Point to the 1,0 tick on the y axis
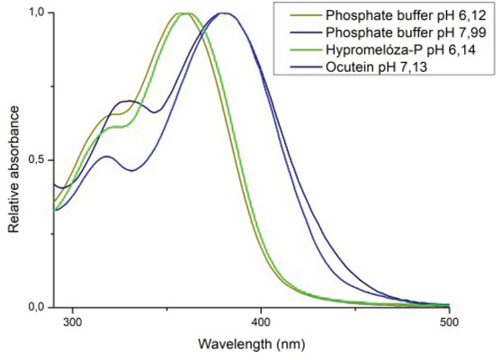37,13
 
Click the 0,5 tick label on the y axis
37,160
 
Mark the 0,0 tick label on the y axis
37,307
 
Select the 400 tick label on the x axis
261,321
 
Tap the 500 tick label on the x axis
448,321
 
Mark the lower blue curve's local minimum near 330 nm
131,170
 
